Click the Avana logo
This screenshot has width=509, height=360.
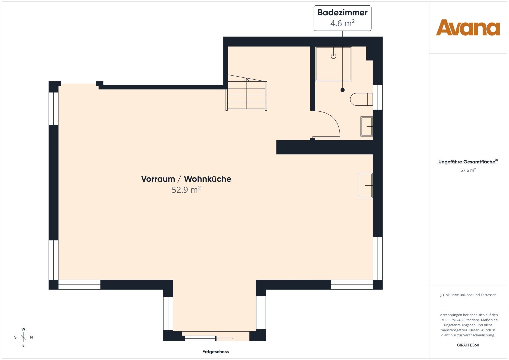(x=468, y=28)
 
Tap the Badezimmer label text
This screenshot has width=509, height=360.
(x=342, y=13)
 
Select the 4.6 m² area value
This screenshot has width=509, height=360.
(x=342, y=23)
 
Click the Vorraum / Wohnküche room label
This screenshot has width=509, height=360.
(x=186, y=179)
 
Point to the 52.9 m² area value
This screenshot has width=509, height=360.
(x=186, y=190)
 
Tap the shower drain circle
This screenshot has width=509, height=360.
(x=333, y=56)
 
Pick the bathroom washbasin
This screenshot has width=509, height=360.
(x=367, y=126)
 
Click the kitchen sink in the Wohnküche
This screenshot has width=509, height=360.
(x=365, y=185)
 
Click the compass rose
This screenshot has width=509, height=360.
(x=23, y=337)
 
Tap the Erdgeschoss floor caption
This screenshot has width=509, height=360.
(x=215, y=352)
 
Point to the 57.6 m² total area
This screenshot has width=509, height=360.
(x=468, y=170)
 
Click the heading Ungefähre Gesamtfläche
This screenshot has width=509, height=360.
(x=467, y=162)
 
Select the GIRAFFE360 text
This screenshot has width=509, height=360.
(x=468, y=345)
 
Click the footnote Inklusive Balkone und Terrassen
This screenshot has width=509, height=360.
(x=468, y=295)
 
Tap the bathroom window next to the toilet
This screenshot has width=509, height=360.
(x=378, y=97)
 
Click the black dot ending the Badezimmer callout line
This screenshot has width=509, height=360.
(x=342, y=90)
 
